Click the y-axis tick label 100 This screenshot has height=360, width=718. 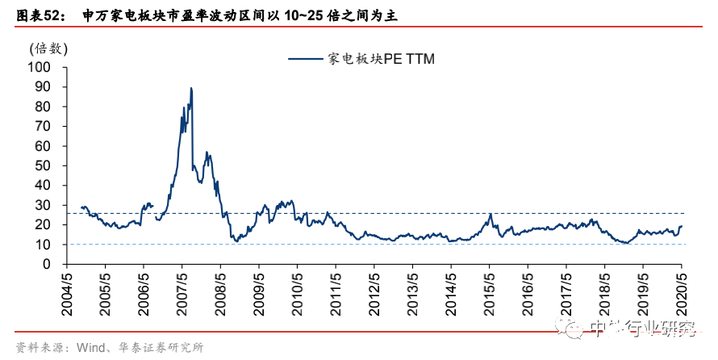tap(40, 67)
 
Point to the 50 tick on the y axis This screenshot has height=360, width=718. tap(44, 165)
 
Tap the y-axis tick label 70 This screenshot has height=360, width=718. tap(44, 126)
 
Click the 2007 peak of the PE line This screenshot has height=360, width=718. tap(191, 88)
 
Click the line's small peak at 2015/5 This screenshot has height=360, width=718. tap(490, 214)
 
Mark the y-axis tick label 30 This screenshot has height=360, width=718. tap(44, 205)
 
